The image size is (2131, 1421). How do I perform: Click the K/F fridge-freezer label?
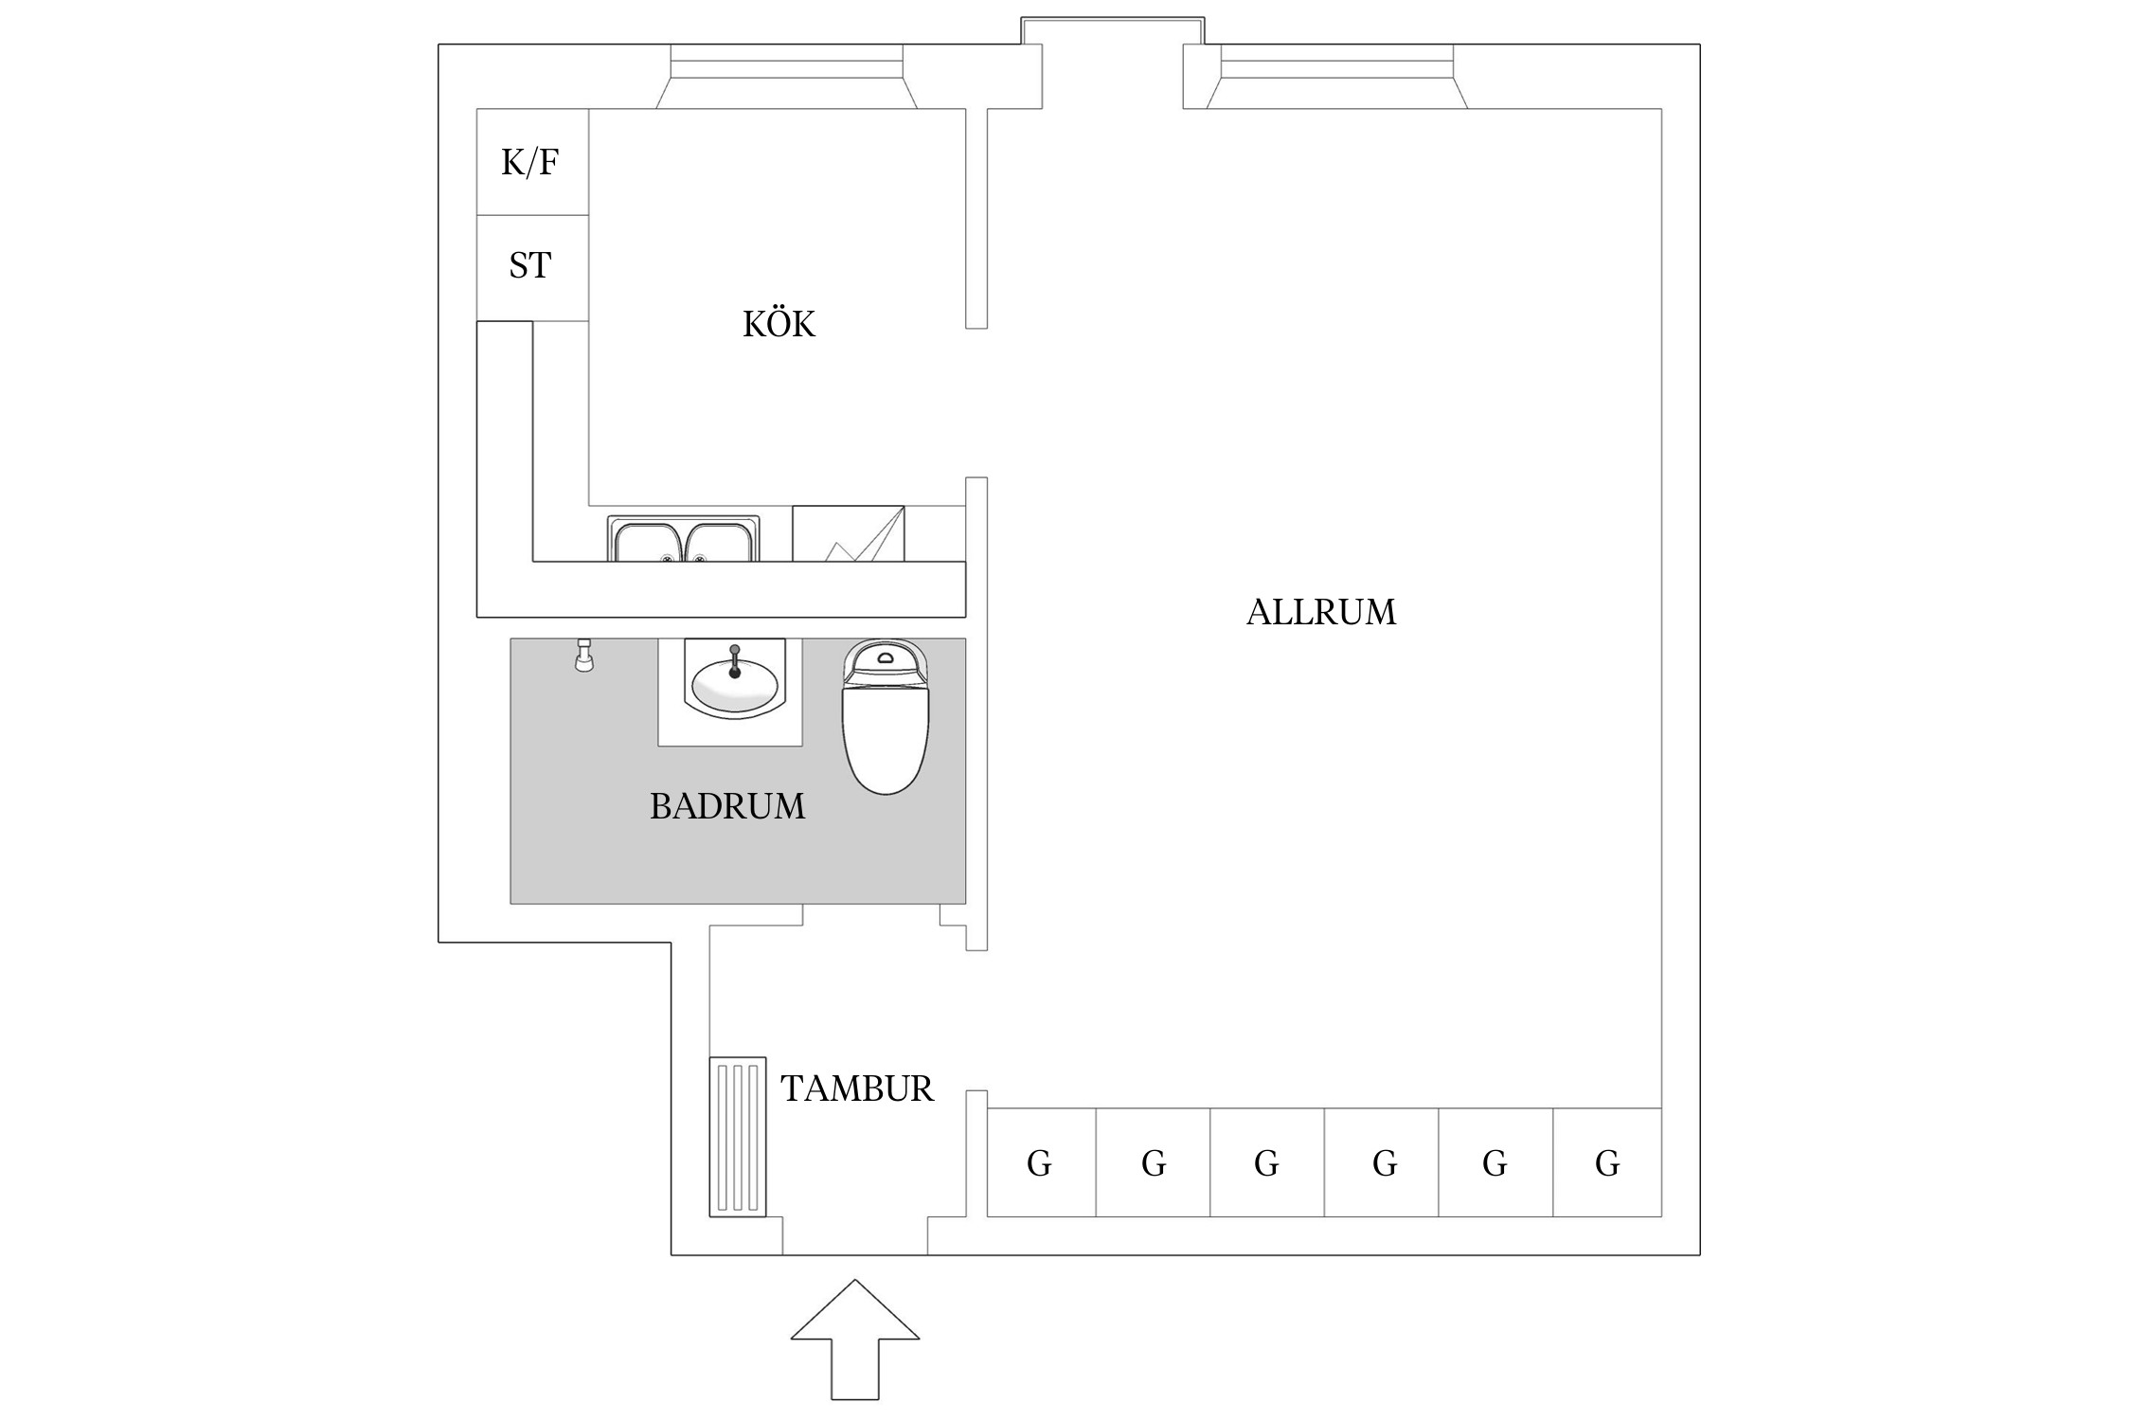[529, 163]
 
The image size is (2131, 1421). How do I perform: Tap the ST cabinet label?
[529, 265]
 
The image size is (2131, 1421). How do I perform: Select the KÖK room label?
[779, 324]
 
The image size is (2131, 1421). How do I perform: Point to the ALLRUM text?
[1320, 612]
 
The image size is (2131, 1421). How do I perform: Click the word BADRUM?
[727, 806]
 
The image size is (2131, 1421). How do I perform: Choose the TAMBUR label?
[856, 1088]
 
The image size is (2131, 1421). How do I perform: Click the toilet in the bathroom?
[886, 729]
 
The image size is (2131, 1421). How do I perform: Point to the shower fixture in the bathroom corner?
[584, 656]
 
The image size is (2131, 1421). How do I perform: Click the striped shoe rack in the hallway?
[738, 1136]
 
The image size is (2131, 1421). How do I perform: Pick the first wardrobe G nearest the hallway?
[1040, 1163]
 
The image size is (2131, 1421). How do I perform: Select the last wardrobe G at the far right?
[1607, 1163]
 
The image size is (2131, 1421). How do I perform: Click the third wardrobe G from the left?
[1266, 1163]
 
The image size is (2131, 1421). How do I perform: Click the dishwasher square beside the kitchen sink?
[848, 534]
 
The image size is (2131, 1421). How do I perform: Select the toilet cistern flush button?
[886, 656]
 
